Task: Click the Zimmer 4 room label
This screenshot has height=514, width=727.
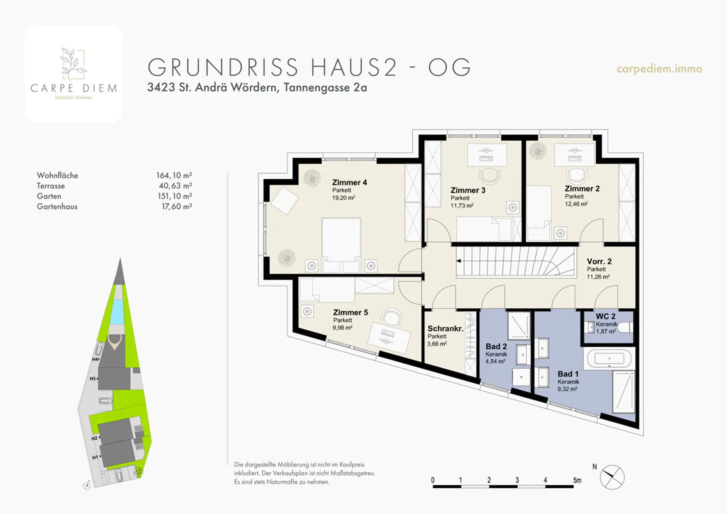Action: coord(349,183)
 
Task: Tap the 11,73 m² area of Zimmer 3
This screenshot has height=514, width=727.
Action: coord(462,206)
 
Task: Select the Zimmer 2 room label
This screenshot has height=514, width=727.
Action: coord(582,189)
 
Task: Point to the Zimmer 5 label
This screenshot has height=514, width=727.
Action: coord(350,312)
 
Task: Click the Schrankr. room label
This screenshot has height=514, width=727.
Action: coord(445,329)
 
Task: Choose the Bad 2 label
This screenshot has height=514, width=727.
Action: coord(496,347)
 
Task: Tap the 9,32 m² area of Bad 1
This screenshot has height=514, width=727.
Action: coord(567,389)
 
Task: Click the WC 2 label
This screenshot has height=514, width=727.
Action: coord(605,316)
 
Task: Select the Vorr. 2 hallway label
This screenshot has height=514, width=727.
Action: coord(599,261)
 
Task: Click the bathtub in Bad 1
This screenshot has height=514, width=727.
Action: coord(609,358)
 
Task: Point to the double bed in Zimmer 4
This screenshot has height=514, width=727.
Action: coord(341,245)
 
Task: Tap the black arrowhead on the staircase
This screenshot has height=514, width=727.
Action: coord(459,261)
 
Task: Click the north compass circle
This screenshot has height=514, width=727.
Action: coord(612,477)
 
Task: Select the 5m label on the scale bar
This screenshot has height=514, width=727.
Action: coord(577,480)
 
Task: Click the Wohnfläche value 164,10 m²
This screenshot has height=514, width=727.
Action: coord(174,175)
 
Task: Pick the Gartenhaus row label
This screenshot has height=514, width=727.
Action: coord(57,206)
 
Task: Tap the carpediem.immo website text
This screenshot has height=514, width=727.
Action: coord(659,69)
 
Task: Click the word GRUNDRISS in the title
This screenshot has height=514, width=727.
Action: coord(223,67)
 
